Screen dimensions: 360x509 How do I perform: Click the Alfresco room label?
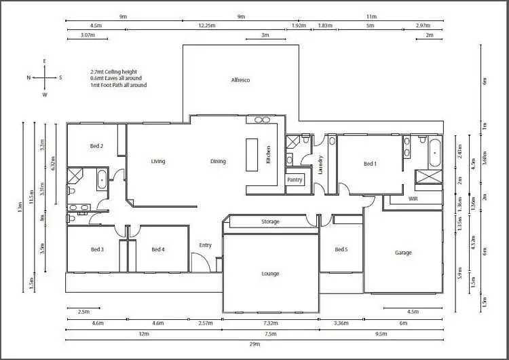click(241, 80)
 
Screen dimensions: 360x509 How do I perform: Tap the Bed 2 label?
click(96, 146)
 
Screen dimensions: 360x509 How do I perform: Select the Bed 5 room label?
click(341, 249)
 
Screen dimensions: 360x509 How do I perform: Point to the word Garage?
click(403, 253)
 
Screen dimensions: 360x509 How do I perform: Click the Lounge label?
click(270, 274)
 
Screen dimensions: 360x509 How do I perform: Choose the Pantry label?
click(295, 180)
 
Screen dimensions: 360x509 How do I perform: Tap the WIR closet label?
click(413, 199)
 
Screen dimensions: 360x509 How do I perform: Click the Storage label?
click(271, 222)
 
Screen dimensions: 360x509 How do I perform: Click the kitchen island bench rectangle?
click(252, 156)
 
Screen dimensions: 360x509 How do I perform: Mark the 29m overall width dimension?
click(254, 346)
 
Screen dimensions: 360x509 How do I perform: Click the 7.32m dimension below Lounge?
click(270, 324)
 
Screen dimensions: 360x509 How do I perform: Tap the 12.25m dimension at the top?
click(207, 26)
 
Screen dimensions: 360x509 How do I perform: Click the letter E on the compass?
click(44, 62)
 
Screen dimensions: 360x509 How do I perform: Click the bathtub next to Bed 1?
click(434, 151)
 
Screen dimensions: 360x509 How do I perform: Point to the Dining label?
click(218, 162)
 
